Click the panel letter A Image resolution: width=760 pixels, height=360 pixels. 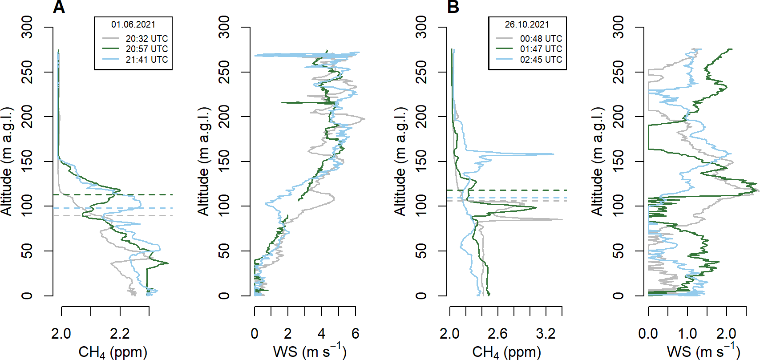coord(59,6)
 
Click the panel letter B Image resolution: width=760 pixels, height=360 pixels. coord(453,6)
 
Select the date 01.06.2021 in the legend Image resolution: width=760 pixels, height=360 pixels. coord(133,25)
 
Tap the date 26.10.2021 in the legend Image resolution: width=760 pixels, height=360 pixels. coord(527,25)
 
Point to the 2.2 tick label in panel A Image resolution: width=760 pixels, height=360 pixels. coord(120,334)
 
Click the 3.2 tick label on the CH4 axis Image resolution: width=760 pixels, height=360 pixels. coord(546,334)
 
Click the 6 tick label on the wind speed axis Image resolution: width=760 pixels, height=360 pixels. coord(355,334)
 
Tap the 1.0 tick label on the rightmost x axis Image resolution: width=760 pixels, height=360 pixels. coord(687,334)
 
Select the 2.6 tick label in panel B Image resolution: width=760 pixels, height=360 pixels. coord(497,334)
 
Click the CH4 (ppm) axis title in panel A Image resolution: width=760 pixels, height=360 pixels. coord(113,352)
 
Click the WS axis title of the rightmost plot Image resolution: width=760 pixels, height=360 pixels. coord(703,351)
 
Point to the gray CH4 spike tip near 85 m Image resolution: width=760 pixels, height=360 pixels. coord(562,219)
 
